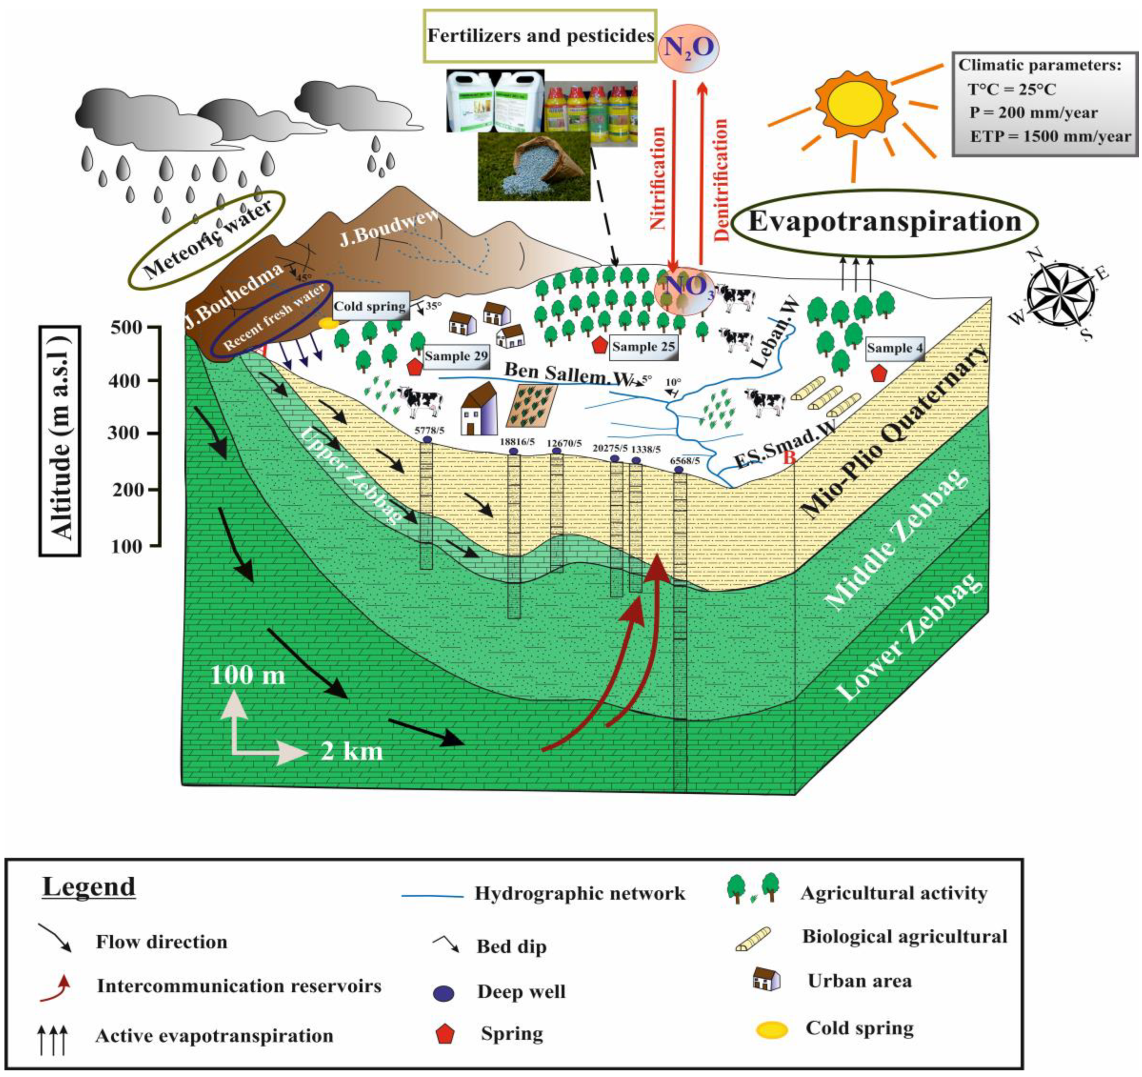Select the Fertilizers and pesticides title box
click(540, 36)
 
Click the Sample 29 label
click(456, 356)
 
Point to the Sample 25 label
click(643, 347)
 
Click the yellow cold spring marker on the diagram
click(328, 324)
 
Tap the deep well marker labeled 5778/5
click(427, 439)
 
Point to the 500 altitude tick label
click(125, 328)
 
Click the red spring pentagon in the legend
click(446, 1034)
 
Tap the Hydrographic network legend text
click(580, 893)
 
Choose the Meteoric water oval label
click(207, 240)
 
